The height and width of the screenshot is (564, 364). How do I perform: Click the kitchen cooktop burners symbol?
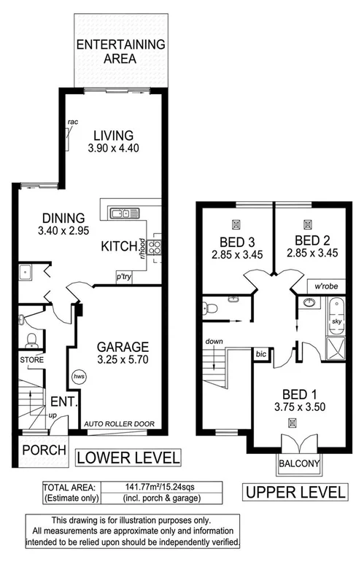[x=155, y=246]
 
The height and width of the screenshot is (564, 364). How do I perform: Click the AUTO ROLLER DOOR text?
[x=119, y=422]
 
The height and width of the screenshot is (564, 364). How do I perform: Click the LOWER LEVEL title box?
[x=128, y=458]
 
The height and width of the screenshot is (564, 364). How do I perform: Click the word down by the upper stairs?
[x=214, y=341]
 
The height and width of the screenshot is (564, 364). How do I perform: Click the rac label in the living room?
[x=73, y=121]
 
